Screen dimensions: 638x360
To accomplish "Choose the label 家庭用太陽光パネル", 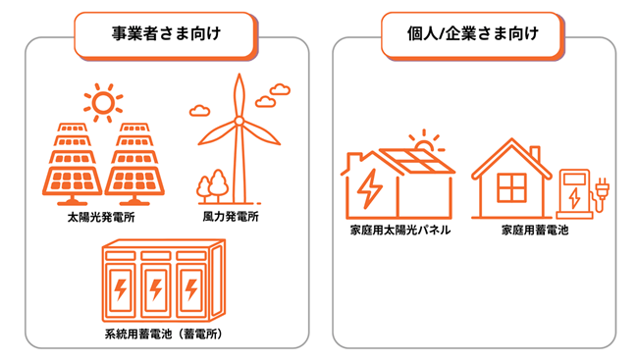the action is pyautogui.click(x=399, y=232).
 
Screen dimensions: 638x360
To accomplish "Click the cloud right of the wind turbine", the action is pyautogui.click(x=279, y=90).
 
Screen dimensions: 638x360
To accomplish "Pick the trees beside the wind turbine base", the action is pyautogui.click(x=212, y=185).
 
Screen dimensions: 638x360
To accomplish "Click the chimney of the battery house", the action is pyautogui.click(x=535, y=156).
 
